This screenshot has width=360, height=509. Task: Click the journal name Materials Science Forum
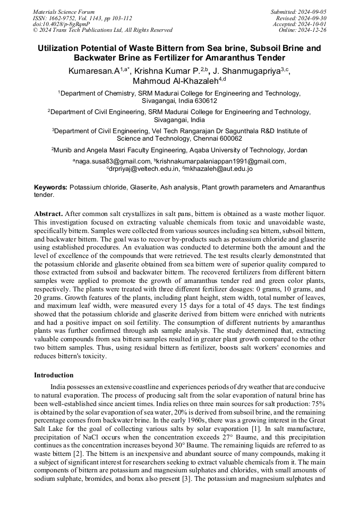[64, 12]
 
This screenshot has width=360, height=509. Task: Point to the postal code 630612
[204, 100]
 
